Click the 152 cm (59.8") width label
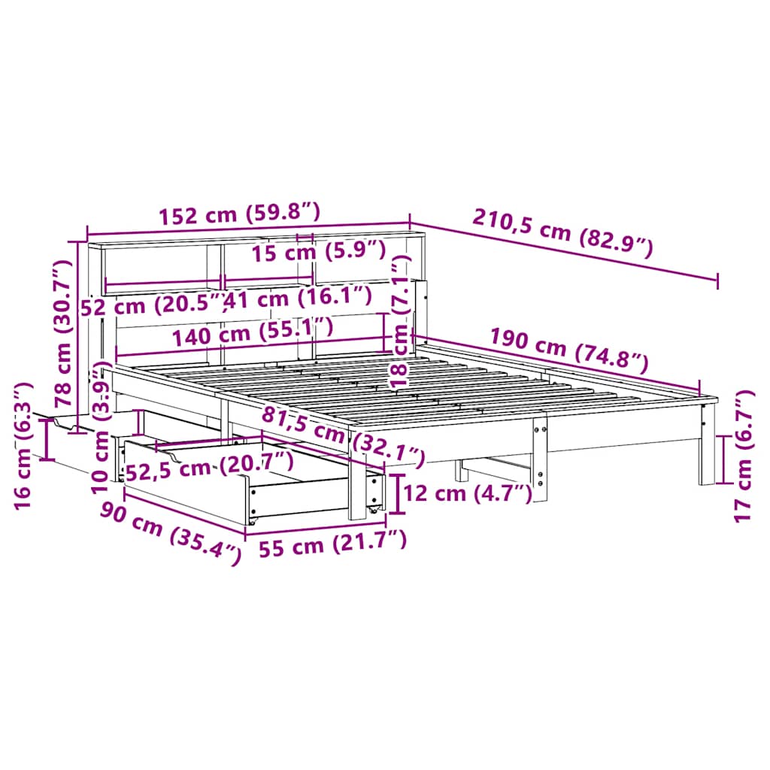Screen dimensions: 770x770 (x=240, y=214)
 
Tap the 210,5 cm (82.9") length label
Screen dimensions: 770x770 (x=562, y=233)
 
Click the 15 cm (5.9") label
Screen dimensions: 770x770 (x=318, y=251)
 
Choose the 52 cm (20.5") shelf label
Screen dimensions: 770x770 (x=153, y=305)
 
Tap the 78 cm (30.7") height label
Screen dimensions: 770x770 (x=63, y=333)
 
